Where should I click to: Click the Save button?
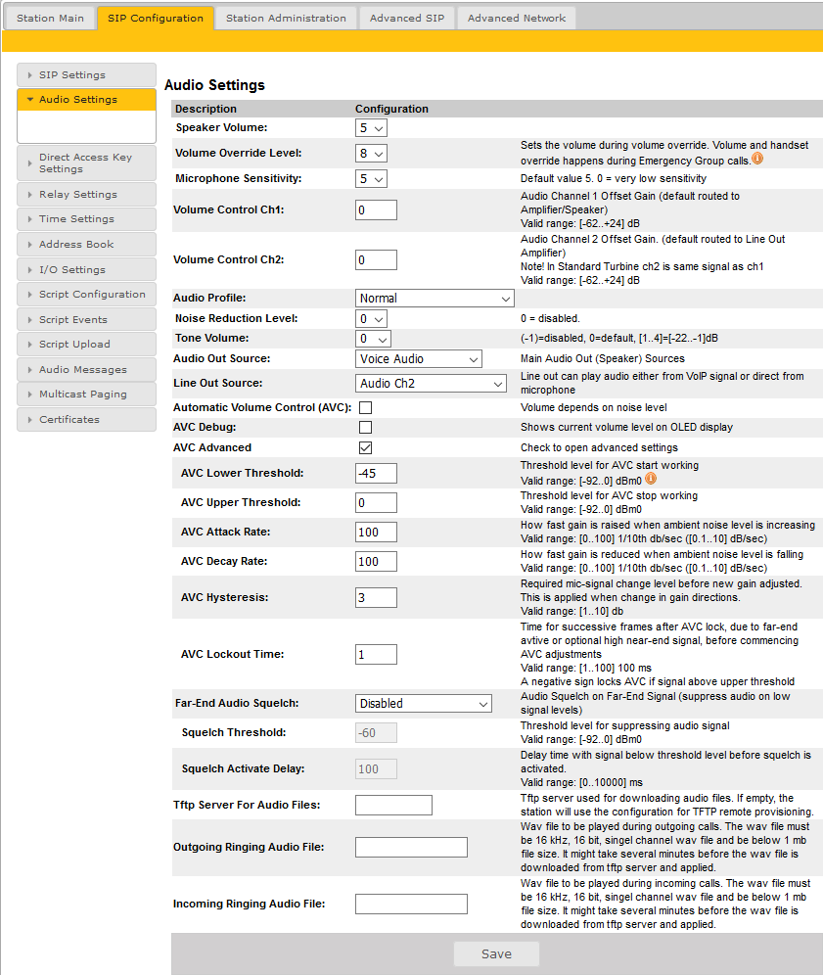coord(496,954)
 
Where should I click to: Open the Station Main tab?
coord(50,18)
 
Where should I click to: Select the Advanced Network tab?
coord(516,18)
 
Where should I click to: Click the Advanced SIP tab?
coord(407,18)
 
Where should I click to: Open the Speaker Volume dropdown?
coord(371,128)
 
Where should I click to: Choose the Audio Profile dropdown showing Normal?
coord(434,299)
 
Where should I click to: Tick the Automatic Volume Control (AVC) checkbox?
coord(366,407)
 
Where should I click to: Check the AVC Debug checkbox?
coord(366,428)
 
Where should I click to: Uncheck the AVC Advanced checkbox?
coord(366,447)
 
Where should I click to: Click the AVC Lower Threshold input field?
coord(377,474)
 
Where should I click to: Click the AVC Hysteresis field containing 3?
coord(377,598)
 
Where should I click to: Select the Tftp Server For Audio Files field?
coord(393,806)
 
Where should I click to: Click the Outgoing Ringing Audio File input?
coord(411,848)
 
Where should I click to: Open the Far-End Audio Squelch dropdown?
coord(423,704)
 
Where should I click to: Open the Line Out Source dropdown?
coord(430,384)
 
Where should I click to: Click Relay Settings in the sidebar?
coord(78,194)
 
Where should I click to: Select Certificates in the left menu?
coord(69,419)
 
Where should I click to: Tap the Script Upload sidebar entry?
coord(74,345)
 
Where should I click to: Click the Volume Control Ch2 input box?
coord(377,260)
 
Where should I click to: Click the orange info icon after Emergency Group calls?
coord(757,158)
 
